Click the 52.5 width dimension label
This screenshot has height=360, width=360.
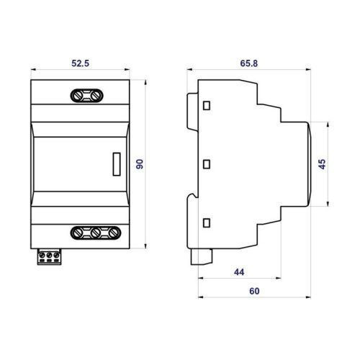coord(80,63)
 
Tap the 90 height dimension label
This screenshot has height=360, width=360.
coord(140,164)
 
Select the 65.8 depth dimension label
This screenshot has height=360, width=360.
coord(249,63)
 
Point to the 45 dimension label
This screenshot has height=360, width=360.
coord(323,164)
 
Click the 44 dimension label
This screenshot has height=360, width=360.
coord(239,272)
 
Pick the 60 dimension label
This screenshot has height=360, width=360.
coord(254,291)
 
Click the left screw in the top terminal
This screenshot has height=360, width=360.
coord(77,96)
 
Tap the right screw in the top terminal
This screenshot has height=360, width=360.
coord(96,96)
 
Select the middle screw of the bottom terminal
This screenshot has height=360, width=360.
coord(96,233)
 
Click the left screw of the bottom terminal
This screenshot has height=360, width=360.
coord(78,233)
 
